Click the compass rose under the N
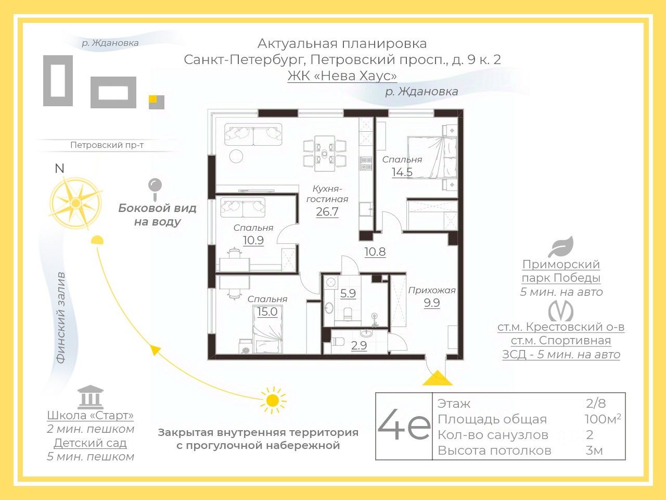pyautogui.click(x=75, y=202)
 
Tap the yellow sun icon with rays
pyautogui.click(x=272, y=400)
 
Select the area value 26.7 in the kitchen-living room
pyautogui.click(x=327, y=211)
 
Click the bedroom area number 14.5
pyautogui.click(x=402, y=172)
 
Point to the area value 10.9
pyautogui.click(x=253, y=240)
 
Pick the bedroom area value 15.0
pyautogui.click(x=267, y=311)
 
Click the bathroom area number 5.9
pyautogui.click(x=348, y=293)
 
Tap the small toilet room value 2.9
pyautogui.click(x=358, y=345)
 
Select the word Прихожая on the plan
pyautogui.click(x=431, y=290)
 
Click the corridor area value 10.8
pyautogui.click(x=375, y=252)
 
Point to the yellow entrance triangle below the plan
pyautogui.click(x=437, y=378)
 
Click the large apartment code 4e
pyautogui.click(x=404, y=427)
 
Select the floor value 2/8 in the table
pyautogui.click(x=596, y=403)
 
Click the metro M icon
pyautogui.click(x=560, y=311)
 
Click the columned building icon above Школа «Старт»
pyautogui.click(x=90, y=397)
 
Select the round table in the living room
pyautogui.click(x=236, y=156)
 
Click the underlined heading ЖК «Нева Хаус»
pyautogui.click(x=342, y=76)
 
